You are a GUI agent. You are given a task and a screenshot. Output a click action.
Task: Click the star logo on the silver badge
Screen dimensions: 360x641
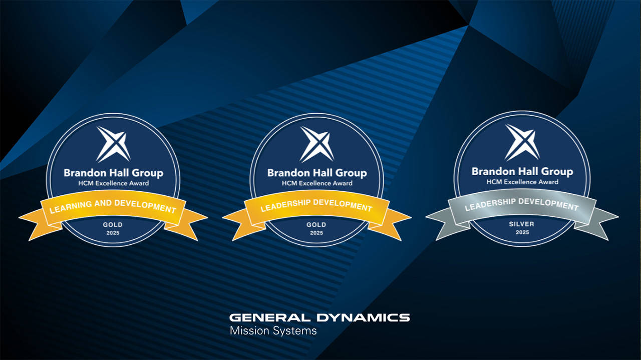pyautogui.click(x=522, y=142)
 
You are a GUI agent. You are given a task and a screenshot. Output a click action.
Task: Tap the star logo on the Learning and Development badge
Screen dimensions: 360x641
pyautogui.click(x=113, y=144)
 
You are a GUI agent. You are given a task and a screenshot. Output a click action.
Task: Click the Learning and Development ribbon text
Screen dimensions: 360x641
pyautogui.click(x=113, y=206)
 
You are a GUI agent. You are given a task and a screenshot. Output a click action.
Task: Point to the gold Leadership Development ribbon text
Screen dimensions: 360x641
pyautogui.click(x=316, y=205)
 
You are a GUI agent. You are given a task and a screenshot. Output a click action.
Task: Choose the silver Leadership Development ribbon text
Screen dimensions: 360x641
pyautogui.click(x=522, y=204)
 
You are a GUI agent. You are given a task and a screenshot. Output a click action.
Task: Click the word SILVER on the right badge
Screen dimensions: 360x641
pyautogui.click(x=522, y=224)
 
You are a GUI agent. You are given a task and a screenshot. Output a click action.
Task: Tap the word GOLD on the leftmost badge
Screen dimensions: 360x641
pyautogui.click(x=113, y=225)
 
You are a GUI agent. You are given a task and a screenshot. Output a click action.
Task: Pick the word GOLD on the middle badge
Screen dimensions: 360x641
pyautogui.click(x=316, y=225)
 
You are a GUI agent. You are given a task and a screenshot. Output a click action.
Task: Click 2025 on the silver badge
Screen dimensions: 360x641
pyautogui.click(x=522, y=232)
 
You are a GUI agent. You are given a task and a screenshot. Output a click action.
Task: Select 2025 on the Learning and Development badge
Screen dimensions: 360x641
pyautogui.click(x=113, y=233)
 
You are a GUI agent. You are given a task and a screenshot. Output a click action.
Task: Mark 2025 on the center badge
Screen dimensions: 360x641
pyautogui.click(x=316, y=233)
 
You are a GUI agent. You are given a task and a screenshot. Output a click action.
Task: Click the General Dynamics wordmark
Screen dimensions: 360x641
pyautogui.click(x=319, y=317)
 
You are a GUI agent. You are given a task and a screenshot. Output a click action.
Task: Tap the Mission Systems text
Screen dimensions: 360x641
pyautogui.click(x=273, y=331)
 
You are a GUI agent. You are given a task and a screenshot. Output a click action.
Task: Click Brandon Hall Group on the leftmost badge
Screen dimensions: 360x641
pyautogui.click(x=113, y=173)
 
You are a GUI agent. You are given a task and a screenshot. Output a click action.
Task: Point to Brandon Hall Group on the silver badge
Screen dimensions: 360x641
pyautogui.click(x=522, y=172)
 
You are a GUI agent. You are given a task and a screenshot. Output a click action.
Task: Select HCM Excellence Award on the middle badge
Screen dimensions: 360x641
pyautogui.click(x=317, y=183)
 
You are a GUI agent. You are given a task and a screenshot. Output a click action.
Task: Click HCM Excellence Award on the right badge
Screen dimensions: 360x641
pyautogui.click(x=522, y=182)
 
